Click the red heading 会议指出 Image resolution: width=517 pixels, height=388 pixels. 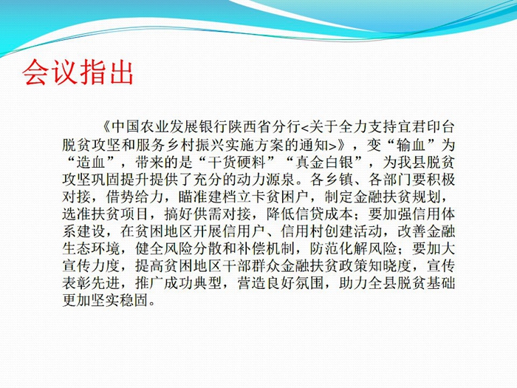click(78, 72)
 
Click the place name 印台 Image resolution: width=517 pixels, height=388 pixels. click(440, 127)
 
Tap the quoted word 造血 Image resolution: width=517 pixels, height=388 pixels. click(92, 162)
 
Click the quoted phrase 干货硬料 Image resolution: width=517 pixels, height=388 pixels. click(237, 162)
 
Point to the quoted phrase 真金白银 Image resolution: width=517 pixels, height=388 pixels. click(324, 162)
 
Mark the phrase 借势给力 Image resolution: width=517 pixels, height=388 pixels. click(135, 197)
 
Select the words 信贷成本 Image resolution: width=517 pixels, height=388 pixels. click(324, 214)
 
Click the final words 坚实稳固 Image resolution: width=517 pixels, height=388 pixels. click(120, 300)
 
